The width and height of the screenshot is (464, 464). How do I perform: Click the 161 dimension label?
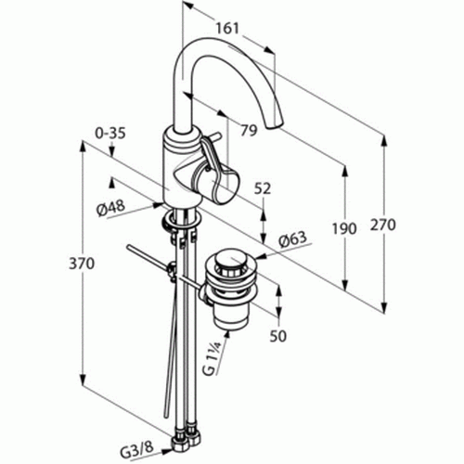tap(227, 29)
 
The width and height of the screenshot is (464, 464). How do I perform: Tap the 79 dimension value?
tap(249, 131)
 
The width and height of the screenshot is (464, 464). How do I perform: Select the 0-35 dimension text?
tap(110, 134)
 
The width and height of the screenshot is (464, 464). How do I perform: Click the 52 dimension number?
tap(263, 188)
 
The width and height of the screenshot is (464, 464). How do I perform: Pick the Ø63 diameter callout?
tap(292, 239)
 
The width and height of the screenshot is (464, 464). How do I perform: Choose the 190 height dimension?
tap(344, 229)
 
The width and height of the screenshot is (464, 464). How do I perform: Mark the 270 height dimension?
tap(383, 225)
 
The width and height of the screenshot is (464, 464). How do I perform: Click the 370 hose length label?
tap(82, 264)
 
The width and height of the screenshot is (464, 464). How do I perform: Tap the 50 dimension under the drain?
tap(277, 336)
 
